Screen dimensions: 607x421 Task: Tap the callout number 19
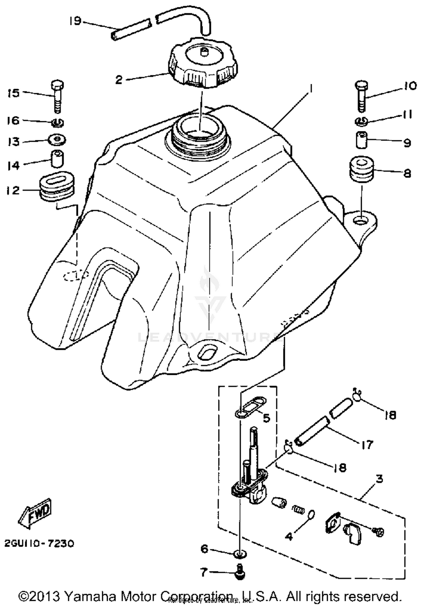75,21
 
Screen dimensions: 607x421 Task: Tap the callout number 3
379,479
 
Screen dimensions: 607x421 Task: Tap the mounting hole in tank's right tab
360,221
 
